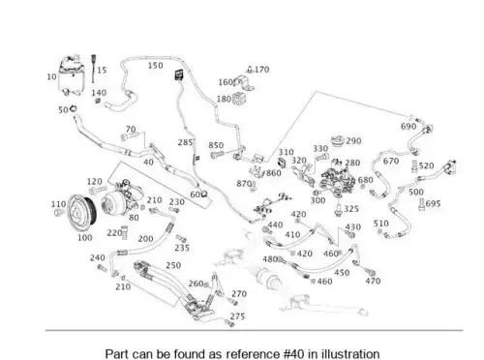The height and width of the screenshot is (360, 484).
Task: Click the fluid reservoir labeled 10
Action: pos(72,75)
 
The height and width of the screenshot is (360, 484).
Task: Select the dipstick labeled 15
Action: pos(94,69)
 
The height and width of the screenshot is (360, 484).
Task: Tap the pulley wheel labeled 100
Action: pos(82,212)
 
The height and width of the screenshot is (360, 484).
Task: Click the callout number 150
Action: pos(155,66)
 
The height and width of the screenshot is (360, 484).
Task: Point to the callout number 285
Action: pos(185,142)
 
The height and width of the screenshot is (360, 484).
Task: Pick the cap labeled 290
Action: pos(338,141)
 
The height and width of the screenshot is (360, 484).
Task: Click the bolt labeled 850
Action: pos(217,155)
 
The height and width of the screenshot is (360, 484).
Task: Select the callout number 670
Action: pos(391,161)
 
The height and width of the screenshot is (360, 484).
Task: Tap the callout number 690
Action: pos(408,126)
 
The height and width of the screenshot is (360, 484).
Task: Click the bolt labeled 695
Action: pos(422,204)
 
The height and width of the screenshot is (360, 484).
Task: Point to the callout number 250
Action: pos(173,265)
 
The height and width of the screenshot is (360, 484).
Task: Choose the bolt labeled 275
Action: pos(229,323)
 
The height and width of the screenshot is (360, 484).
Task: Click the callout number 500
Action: pos(416,192)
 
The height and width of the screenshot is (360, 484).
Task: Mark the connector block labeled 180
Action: pos(237,98)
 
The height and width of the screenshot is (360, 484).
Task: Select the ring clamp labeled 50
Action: pos(73,108)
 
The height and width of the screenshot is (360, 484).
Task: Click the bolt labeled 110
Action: pos(59,212)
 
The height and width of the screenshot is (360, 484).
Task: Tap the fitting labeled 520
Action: pos(415,166)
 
